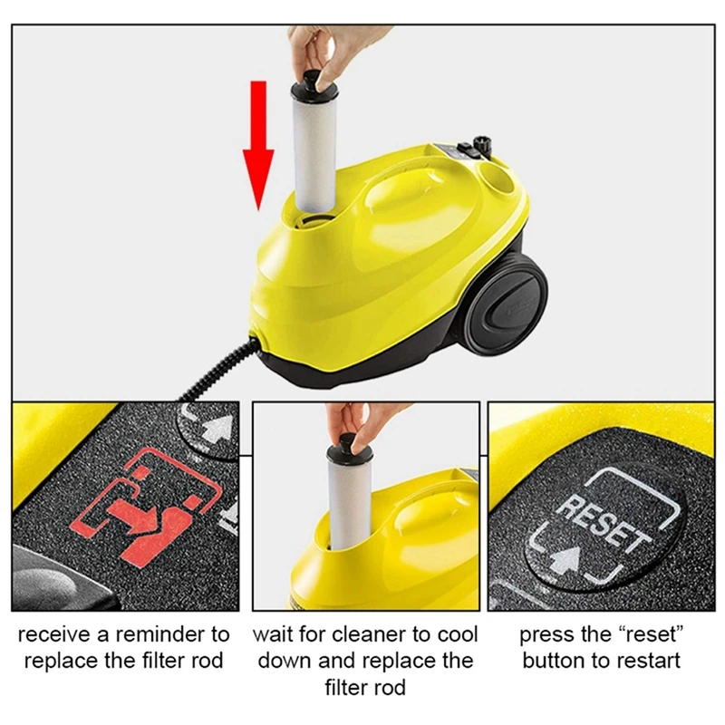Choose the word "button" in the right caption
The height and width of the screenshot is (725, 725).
pos(553,661)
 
